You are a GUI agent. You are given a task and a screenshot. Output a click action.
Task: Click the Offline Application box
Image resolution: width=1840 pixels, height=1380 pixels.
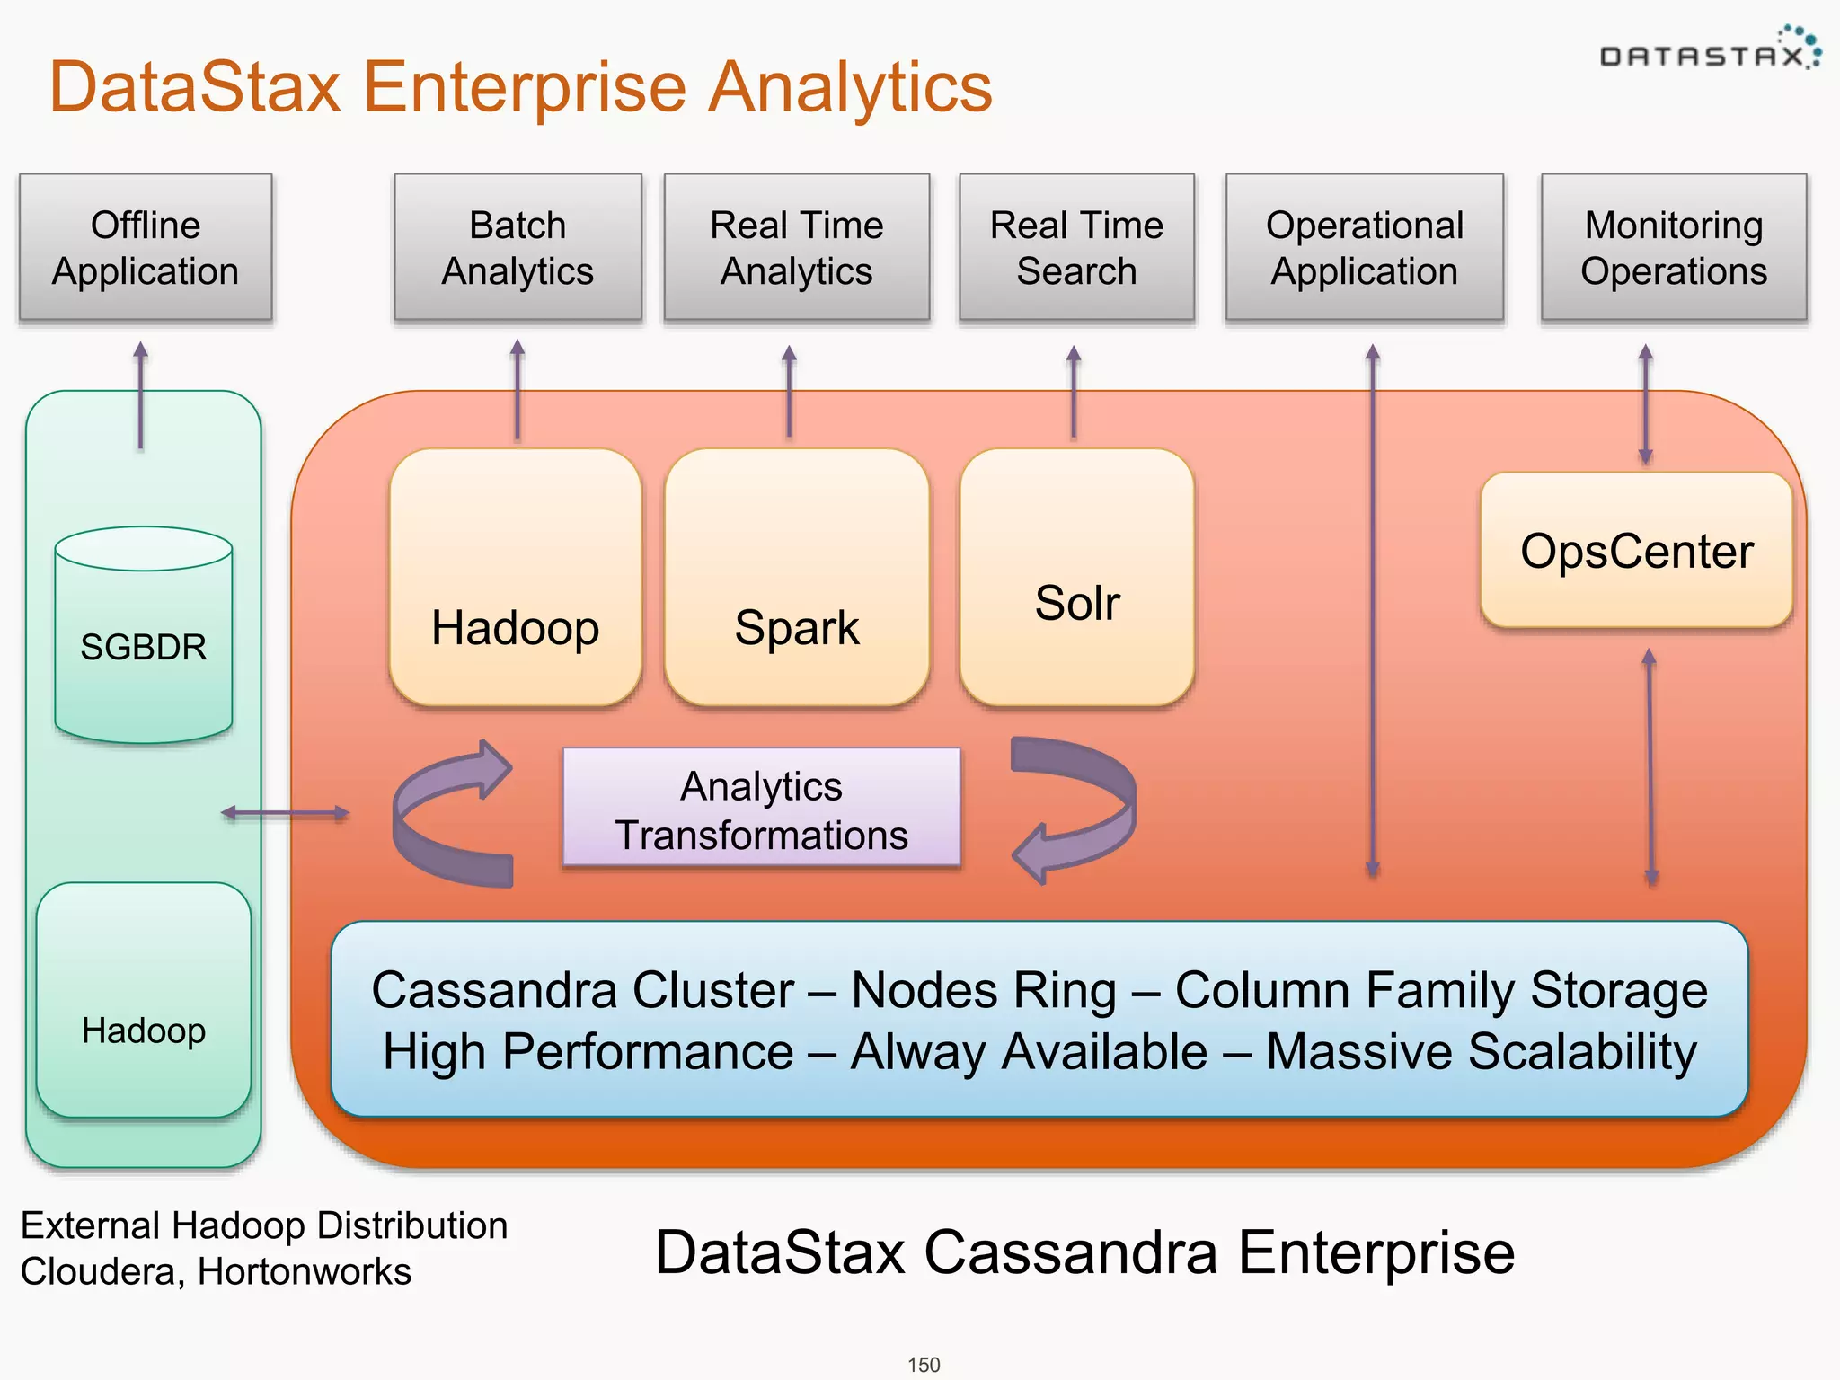pos(145,247)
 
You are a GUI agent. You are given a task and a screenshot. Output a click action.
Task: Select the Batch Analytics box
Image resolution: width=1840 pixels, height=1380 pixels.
pos(517,247)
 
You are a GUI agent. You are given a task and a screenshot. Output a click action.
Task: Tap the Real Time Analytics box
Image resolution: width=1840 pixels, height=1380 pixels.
pos(796,247)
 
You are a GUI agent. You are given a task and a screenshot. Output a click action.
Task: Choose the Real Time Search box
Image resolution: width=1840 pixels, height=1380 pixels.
pos(1076,247)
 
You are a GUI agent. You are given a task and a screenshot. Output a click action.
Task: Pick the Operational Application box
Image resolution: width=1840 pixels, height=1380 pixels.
pos(1364,247)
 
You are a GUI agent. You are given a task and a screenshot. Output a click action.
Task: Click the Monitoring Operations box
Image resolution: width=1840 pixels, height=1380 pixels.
pos(1673,247)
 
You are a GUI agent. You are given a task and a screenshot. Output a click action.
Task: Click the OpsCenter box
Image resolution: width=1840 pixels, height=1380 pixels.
pos(1636,550)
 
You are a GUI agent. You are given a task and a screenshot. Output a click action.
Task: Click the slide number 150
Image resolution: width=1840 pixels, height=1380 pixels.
pos(923,1365)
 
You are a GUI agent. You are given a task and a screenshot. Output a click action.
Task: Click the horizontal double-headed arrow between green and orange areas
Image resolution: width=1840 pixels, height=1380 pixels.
pos(286,813)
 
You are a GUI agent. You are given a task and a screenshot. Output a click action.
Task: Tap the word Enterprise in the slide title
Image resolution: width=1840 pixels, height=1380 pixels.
pos(524,87)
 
